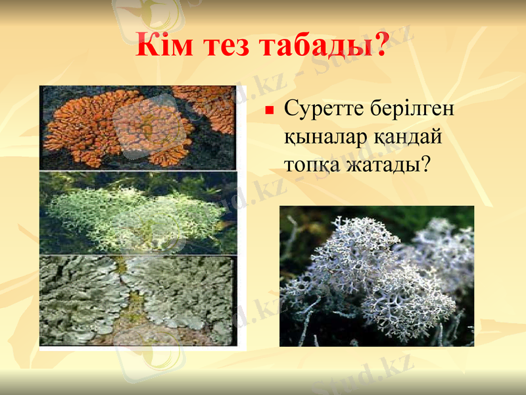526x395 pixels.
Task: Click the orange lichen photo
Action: pos(138,128)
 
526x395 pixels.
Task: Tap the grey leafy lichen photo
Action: pos(138,300)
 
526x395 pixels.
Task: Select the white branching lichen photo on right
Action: pos(376,276)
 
